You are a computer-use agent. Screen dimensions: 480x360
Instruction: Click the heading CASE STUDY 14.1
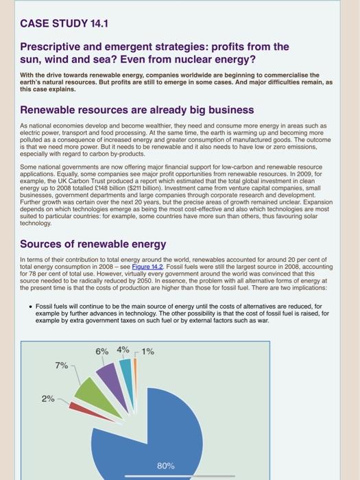(x=64, y=24)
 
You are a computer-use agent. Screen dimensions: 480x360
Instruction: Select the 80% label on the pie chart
(x=165, y=466)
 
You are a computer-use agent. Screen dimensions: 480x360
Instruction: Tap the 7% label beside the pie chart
(x=61, y=365)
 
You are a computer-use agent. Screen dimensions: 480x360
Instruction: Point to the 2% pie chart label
(x=48, y=398)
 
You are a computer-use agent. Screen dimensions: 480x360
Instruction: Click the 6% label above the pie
(x=102, y=351)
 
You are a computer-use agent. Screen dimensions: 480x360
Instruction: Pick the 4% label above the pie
(x=123, y=349)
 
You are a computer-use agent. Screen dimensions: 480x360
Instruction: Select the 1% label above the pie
(x=147, y=352)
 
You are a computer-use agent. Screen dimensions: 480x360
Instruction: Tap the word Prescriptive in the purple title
(x=54, y=47)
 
